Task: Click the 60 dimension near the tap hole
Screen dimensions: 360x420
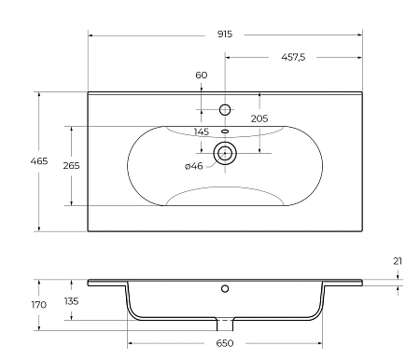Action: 202,75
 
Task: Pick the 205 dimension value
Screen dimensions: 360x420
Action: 259,118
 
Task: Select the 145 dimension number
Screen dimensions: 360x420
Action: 202,132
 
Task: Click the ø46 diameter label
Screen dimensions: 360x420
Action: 194,166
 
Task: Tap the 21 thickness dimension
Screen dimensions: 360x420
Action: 398,261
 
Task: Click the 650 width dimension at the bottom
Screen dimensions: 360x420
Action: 224,344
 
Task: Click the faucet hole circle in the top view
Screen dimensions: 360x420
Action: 224,110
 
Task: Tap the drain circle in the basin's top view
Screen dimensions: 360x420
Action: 224,153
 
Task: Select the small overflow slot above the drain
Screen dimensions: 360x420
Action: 224,132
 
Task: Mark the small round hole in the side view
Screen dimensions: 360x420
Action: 224,289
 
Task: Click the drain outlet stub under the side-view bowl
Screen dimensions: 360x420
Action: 224,324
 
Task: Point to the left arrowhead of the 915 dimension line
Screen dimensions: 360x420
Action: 91,35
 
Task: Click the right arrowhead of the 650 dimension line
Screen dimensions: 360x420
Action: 320,344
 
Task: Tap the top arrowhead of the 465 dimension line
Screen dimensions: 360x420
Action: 38,94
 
